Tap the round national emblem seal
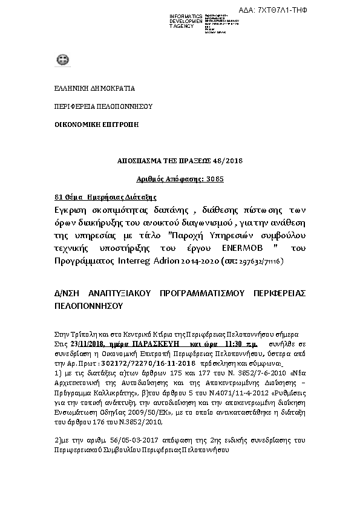point(62,60)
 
